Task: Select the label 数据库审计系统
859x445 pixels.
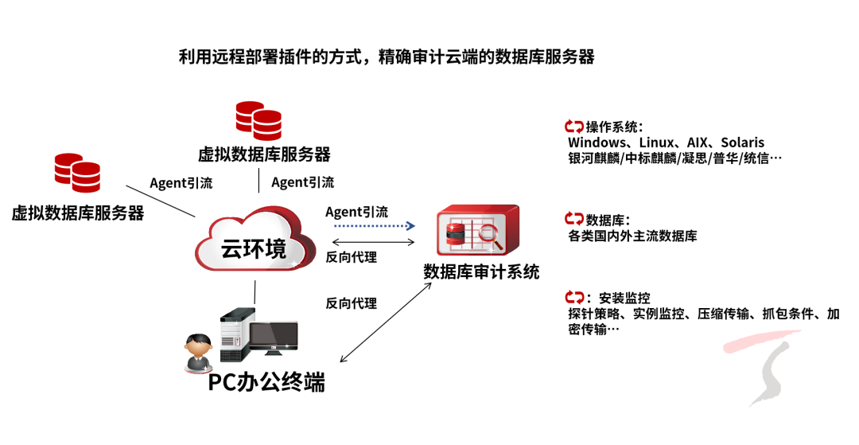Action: click(481, 272)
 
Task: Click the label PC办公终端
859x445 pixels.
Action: click(266, 382)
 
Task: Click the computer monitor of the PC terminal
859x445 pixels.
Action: click(273, 338)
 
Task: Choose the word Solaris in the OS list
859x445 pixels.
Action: click(743, 142)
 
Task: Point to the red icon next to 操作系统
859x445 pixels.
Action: click(574, 126)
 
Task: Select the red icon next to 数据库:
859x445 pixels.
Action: click(574, 219)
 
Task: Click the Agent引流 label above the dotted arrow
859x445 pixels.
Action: click(357, 212)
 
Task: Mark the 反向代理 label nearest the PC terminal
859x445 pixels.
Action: click(351, 303)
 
